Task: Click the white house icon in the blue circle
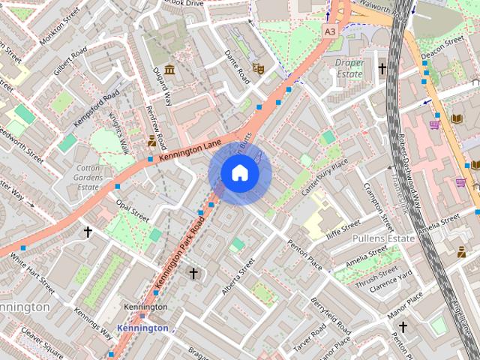(x=240, y=173)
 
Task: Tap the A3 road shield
(x=330, y=31)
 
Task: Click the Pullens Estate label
(x=383, y=238)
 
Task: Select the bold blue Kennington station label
(x=142, y=328)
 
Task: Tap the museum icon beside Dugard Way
(x=169, y=70)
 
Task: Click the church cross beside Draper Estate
(x=382, y=69)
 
